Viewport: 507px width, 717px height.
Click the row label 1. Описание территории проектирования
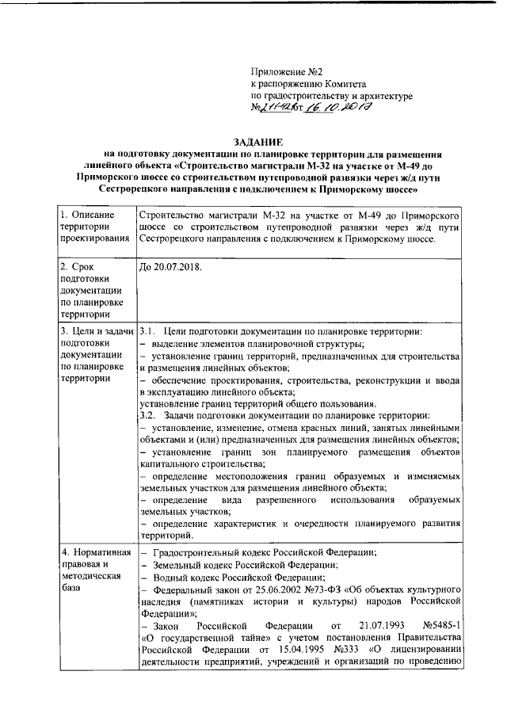[x=93, y=227]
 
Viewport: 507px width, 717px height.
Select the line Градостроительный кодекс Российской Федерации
[x=265, y=552]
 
